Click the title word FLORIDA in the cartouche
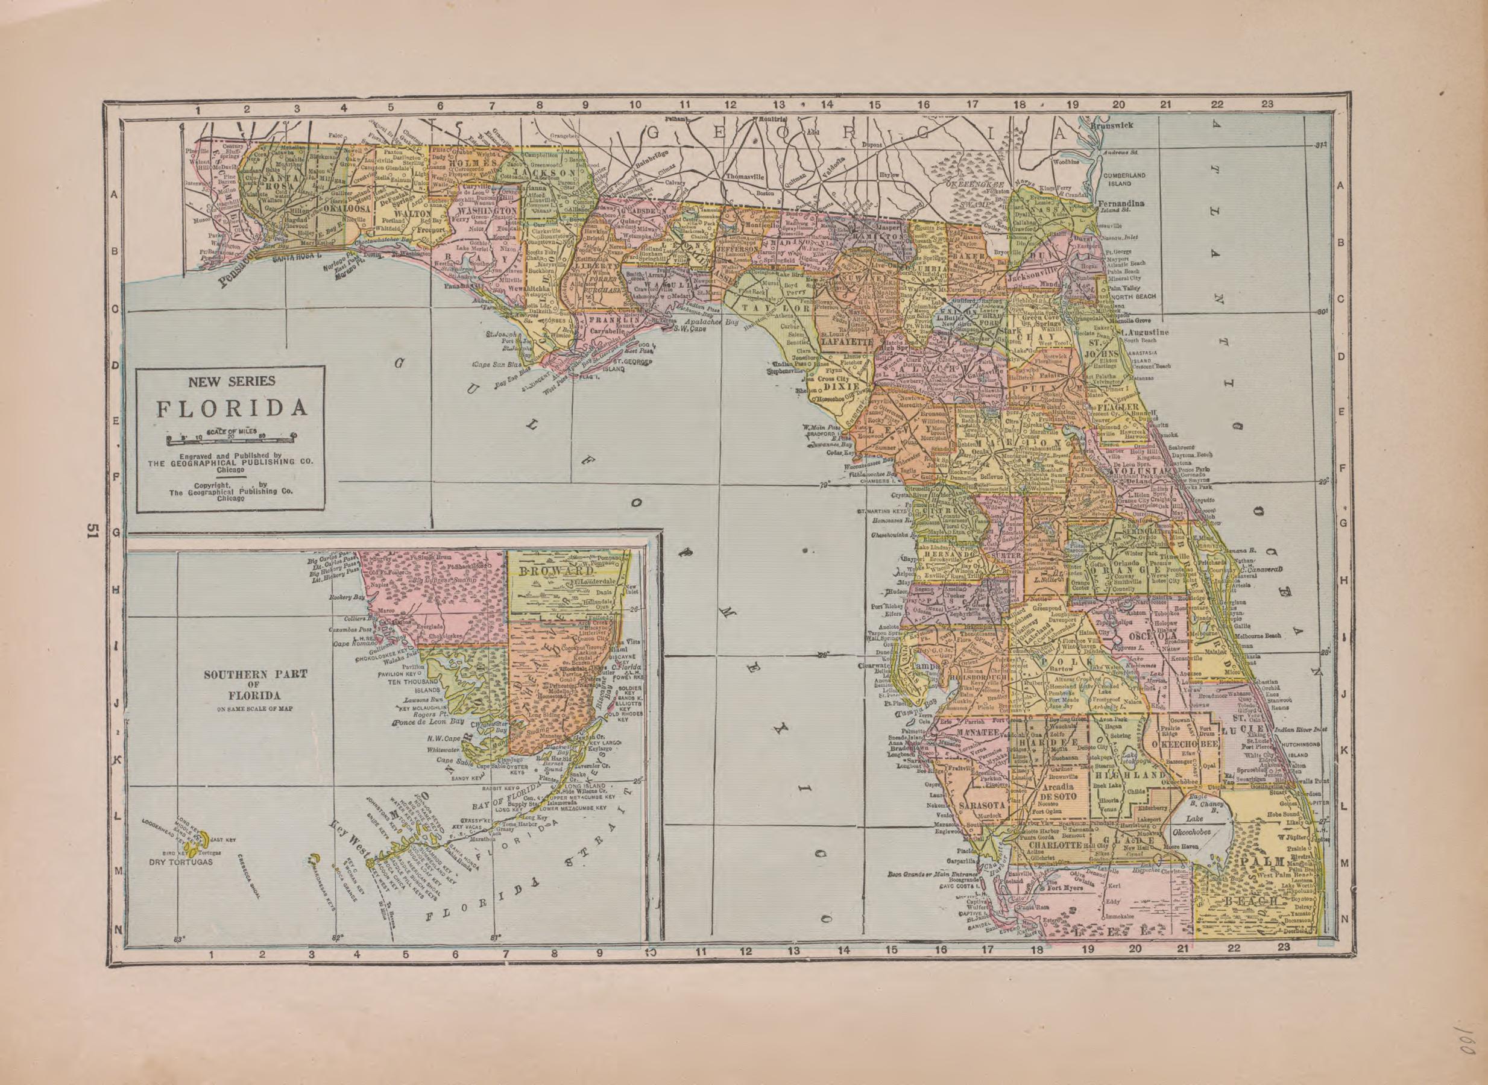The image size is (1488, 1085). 232,409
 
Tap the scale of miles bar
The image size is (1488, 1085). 232,438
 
